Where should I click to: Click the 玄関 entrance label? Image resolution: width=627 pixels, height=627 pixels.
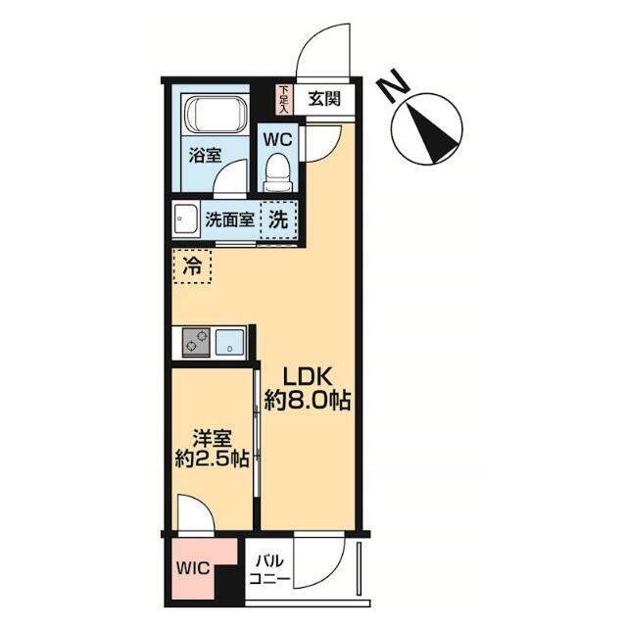[x=324, y=99]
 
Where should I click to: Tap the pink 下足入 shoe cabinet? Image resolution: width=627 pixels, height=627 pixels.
[x=283, y=100]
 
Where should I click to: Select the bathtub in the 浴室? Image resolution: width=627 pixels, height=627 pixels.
[x=216, y=114]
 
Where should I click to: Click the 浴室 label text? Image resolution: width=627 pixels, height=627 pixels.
[x=205, y=155]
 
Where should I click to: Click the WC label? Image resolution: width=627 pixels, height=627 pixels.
[x=277, y=139]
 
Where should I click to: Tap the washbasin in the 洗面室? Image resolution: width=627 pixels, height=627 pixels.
[x=186, y=219]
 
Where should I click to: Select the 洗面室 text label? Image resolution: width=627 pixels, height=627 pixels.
[x=229, y=219]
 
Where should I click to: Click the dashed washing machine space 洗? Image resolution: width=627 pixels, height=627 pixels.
[x=278, y=219]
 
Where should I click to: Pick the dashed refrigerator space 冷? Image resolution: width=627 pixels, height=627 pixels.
[x=192, y=266]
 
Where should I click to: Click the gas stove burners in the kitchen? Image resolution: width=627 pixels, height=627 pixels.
[x=196, y=342]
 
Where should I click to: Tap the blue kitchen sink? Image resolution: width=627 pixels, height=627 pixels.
[x=229, y=342]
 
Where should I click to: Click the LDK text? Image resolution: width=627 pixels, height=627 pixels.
[x=307, y=376]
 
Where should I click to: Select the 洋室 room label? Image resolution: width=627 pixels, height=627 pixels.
[x=212, y=439]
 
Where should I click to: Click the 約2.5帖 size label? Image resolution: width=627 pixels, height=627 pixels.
[x=212, y=459]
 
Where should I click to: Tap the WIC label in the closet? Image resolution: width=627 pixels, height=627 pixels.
[x=194, y=568]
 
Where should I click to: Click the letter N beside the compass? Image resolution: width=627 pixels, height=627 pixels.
[x=394, y=85]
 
